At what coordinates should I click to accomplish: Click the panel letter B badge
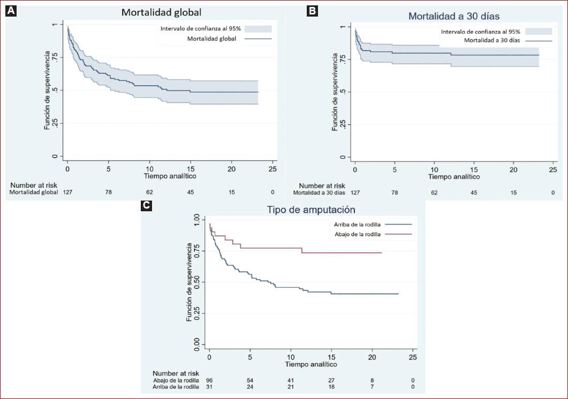pyautogui.click(x=312, y=11)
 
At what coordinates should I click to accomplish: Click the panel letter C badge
pyautogui.click(x=146, y=205)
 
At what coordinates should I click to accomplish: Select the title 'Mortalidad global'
pyautogui.click(x=161, y=12)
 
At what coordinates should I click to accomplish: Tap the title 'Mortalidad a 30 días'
pyautogui.click(x=453, y=16)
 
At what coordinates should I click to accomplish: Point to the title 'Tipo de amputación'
pyautogui.click(x=310, y=210)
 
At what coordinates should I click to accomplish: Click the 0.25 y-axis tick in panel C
pyautogui.click(x=196, y=312)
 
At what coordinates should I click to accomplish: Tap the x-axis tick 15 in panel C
pyautogui.click(x=331, y=357)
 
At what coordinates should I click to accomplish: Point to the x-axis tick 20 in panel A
pyautogui.click(x=231, y=168)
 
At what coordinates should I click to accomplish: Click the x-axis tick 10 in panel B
pyautogui.click(x=434, y=170)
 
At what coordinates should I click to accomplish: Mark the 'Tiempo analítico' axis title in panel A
pyautogui.click(x=170, y=176)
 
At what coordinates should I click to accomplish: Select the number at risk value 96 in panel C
pyautogui.click(x=209, y=380)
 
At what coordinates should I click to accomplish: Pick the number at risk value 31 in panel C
pyautogui.click(x=209, y=387)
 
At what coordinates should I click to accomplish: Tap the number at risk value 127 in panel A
pyautogui.click(x=67, y=192)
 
